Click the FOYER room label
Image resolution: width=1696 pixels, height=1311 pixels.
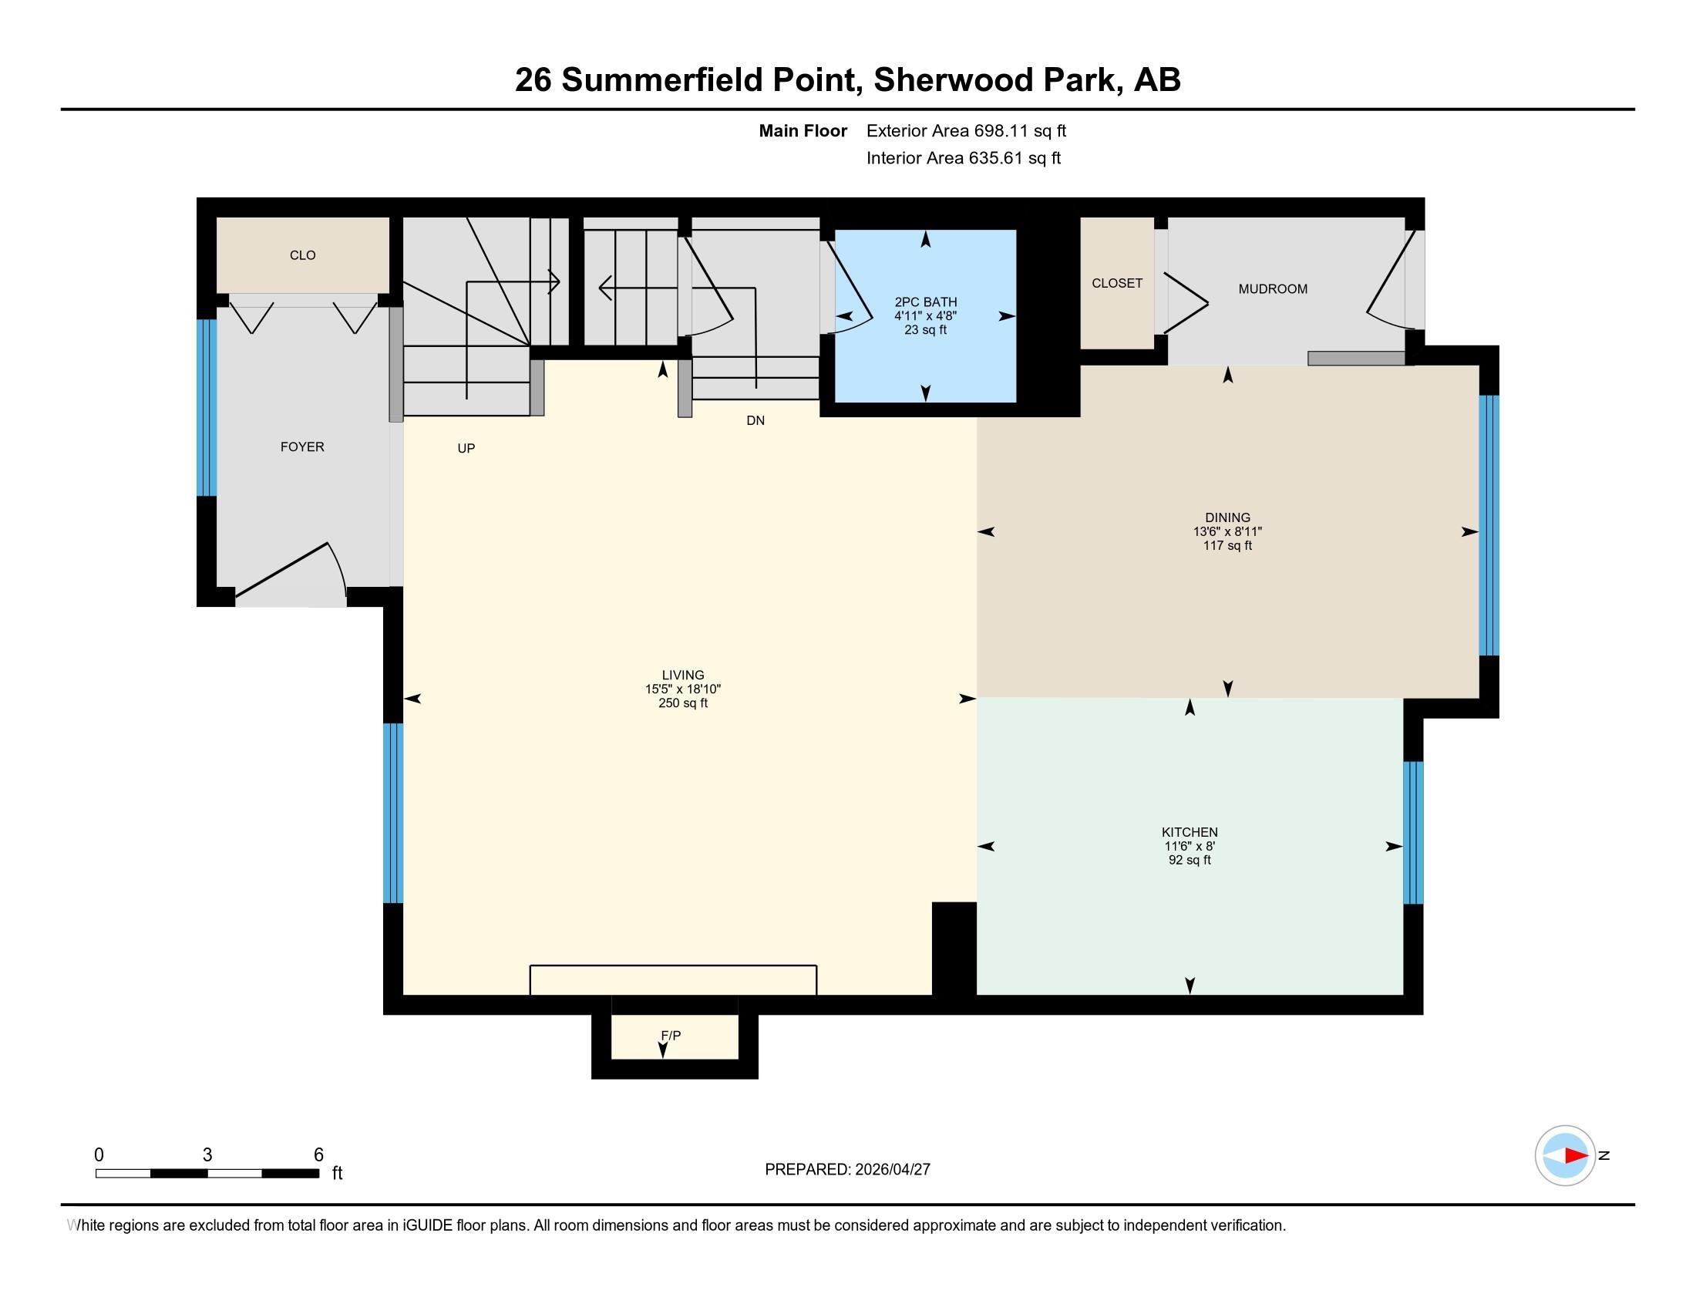(x=302, y=447)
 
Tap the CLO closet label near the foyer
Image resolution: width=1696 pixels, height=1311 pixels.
(x=302, y=254)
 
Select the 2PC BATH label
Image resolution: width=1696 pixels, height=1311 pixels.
(x=925, y=302)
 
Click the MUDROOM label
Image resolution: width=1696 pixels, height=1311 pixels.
(x=1272, y=289)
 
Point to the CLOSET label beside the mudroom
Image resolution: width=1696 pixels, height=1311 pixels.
(x=1116, y=284)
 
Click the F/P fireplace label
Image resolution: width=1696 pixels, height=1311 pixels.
(x=670, y=1035)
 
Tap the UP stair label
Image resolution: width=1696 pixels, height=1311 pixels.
(x=466, y=448)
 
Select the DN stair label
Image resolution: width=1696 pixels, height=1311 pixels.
(x=755, y=420)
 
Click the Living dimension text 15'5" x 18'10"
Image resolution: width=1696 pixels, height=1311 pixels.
(x=682, y=689)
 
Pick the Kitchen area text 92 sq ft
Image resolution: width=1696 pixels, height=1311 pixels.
(x=1189, y=860)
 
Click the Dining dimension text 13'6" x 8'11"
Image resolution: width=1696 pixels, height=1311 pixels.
(x=1227, y=532)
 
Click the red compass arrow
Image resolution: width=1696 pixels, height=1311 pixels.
(x=1575, y=1156)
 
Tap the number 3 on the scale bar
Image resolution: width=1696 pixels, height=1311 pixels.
(x=207, y=1155)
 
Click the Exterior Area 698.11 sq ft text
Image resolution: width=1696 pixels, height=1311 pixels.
(x=966, y=130)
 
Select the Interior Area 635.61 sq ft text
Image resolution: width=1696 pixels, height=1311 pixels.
(x=963, y=157)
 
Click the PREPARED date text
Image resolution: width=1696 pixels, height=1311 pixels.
(x=846, y=1169)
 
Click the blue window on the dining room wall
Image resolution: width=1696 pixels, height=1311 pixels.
(x=1488, y=526)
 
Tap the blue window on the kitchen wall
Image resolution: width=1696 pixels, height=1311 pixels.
(x=1412, y=833)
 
